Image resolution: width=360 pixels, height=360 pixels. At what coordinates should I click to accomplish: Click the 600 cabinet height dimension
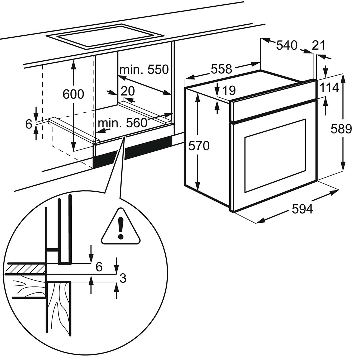point(73,94)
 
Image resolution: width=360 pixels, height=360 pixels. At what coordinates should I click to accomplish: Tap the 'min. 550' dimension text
point(144,70)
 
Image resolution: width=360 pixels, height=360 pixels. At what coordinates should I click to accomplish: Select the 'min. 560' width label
point(123,123)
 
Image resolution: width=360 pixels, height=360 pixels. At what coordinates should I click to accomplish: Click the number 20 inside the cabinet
point(128,91)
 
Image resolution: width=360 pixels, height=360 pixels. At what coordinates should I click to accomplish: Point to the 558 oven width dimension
point(221,69)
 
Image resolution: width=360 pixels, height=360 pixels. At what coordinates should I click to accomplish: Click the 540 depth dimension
point(287,45)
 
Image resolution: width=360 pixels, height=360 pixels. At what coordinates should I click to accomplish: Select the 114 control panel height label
point(330,88)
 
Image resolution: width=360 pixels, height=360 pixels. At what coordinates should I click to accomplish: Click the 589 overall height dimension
point(341,129)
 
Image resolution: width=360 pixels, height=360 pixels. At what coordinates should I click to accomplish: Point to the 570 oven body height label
point(199,146)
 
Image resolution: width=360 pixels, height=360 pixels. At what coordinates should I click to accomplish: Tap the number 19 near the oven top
point(229,90)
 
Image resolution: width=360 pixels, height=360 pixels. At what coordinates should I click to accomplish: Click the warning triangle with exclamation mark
point(121,227)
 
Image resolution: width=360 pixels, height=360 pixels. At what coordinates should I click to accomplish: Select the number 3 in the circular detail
point(123,278)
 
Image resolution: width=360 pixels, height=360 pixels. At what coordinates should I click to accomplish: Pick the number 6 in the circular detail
point(99,267)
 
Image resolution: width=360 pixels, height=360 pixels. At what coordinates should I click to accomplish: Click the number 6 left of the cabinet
point(29,124)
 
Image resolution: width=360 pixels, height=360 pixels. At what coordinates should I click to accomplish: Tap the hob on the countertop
point(105,37)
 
